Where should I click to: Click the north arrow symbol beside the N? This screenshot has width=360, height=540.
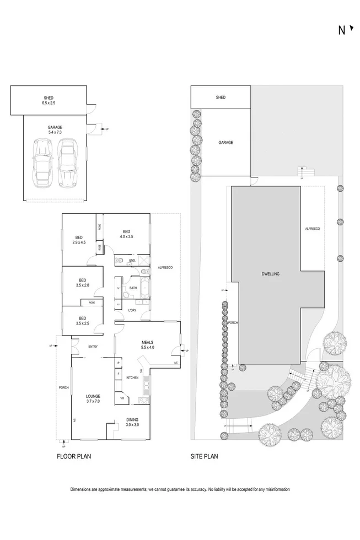click(351, 29)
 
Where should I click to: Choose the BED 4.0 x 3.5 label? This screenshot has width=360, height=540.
click(126, 234)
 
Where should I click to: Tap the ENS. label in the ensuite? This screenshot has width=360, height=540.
click(133, 260)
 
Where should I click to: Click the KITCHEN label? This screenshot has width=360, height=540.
click(132, 377)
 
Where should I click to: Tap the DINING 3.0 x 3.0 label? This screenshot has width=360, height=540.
click(132, 422)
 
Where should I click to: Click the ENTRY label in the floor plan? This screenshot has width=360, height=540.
click(93, 347)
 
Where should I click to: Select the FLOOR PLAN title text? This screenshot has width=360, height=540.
click(74, 456)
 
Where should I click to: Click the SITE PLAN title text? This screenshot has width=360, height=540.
click(204, 456)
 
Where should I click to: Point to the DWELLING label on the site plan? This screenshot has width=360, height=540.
click(271, 273)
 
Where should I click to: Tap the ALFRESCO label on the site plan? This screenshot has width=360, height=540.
click(312, 228)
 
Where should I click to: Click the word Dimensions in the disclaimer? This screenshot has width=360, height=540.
click(83, 489)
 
